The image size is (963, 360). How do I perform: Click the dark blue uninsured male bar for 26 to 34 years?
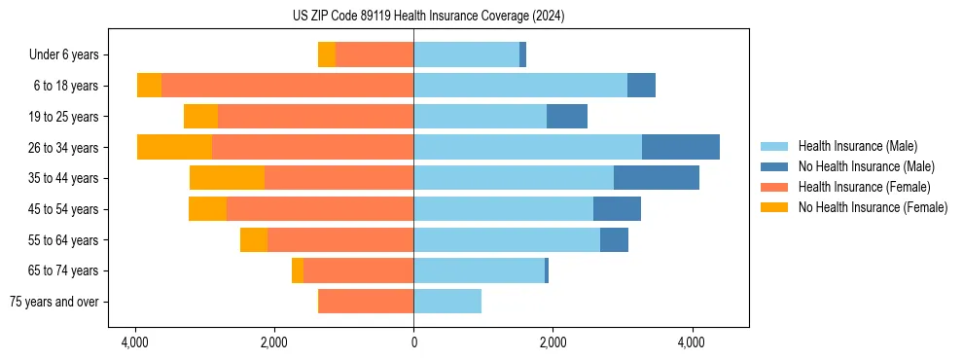(x=680, y=147)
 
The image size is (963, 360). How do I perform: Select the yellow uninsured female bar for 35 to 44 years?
(x=227, y=178)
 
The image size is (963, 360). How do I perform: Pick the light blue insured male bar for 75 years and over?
(x=447, y=302)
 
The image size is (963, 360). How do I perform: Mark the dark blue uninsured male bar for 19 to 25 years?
(x=566, y=117)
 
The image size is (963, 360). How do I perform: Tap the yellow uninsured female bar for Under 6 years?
(x=327, y=55)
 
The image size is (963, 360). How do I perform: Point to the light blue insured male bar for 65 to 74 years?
(x=479, y=270)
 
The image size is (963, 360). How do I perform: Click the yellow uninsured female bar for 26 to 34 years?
(x=174, y=147)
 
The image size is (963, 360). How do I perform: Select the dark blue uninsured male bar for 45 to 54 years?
(x=617, y=209)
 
